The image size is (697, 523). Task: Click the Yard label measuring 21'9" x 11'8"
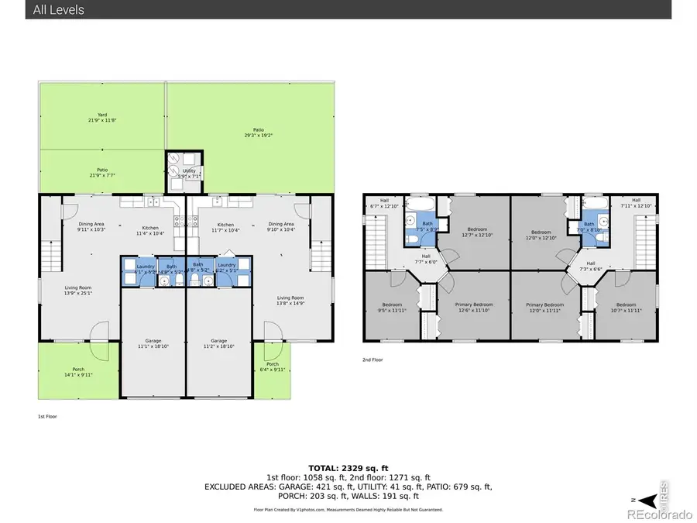click(102, 118)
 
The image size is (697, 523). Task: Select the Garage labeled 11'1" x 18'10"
click(152, 343)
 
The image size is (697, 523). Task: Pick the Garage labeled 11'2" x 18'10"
click(219, 343)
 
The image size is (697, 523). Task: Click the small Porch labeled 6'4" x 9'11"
click(273, 367)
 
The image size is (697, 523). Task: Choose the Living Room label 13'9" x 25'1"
click(78, 290)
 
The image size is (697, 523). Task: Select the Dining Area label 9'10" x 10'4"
click(281, 227)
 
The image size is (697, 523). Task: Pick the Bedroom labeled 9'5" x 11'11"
click(393, 308)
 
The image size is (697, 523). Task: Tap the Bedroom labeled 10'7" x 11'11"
click(626, 308)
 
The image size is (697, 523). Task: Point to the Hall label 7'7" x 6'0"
click(426, 260)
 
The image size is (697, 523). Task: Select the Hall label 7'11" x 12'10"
click(636, 202)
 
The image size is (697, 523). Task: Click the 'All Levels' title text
click(59, 10)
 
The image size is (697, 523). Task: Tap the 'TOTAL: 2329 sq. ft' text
click(348, 469)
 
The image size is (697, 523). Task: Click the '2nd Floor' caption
click(373, 360)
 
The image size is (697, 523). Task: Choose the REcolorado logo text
click(660, 512)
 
